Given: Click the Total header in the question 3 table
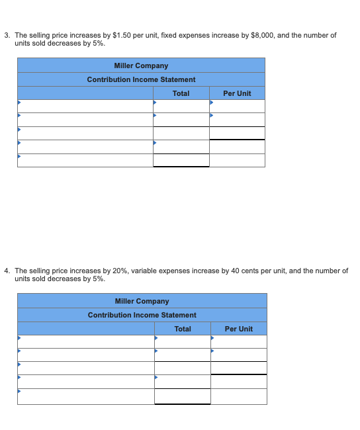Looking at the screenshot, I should point(181,93).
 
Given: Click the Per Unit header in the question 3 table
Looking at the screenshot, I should point(237,93).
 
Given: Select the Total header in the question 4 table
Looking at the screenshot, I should point(183,329).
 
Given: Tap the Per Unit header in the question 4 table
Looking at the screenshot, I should point(239,329).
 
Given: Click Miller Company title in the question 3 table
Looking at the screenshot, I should point(141,65).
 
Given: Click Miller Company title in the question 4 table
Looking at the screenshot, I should point(142,301).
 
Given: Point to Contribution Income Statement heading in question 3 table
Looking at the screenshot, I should point(141,79).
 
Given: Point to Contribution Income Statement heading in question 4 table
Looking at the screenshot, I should point(142,315).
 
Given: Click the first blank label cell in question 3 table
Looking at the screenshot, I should point(85,106).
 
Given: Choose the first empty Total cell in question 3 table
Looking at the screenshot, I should point(181,106).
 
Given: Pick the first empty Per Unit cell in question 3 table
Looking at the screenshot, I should point(237,106).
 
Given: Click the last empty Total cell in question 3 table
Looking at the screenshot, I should point(181,160).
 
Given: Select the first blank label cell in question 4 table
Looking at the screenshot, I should point(86,341).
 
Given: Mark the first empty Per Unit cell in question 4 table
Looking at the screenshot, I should point(239,341).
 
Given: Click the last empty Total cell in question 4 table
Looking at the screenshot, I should point(183,396).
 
